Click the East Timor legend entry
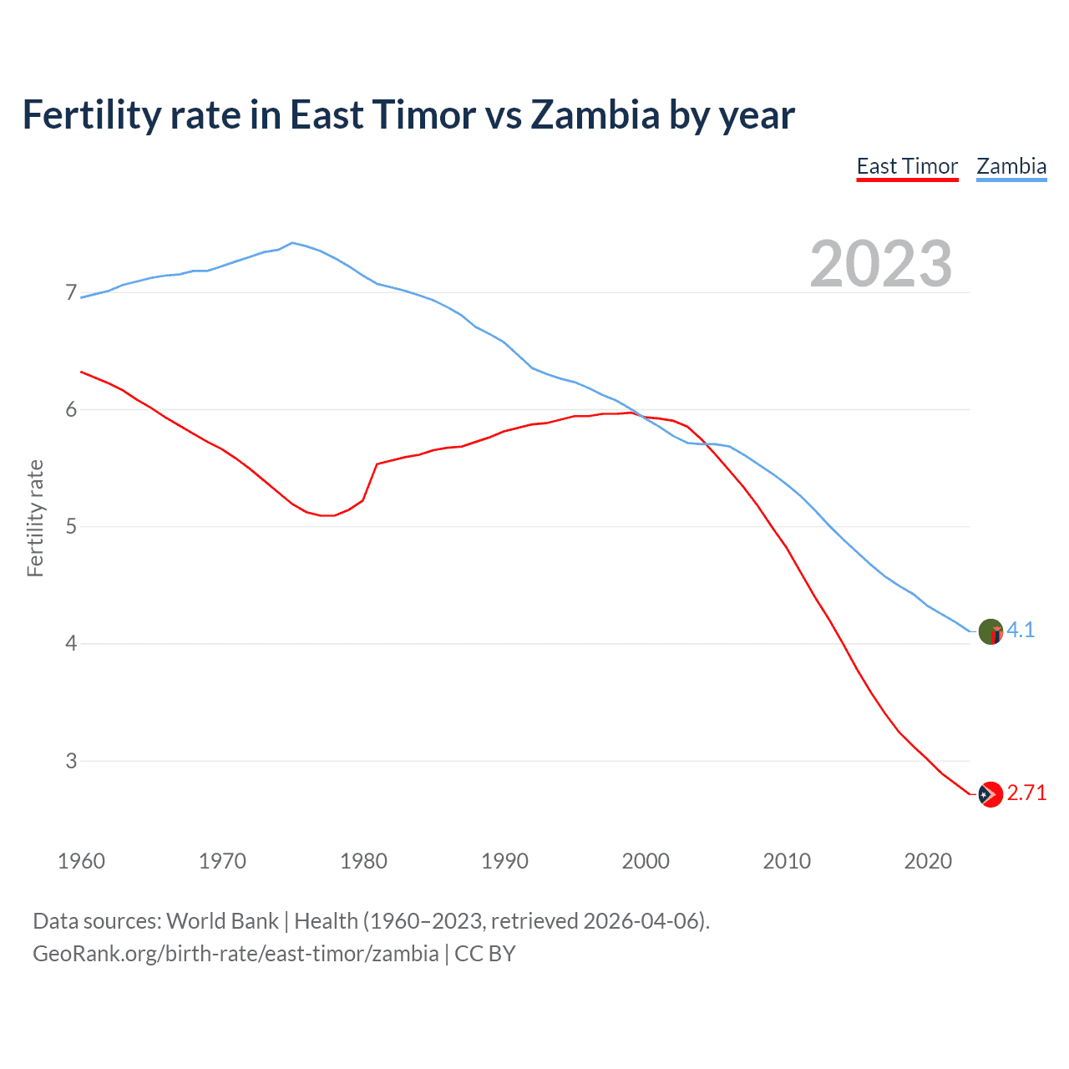tap(907, 166)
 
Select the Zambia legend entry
tap(1011, 166)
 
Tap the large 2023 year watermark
tap(881, 264)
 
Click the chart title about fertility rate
tap(408, 114)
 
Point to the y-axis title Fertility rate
tap(35, 518)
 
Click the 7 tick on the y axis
tap(71, 292)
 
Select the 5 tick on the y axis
tap(71, 526)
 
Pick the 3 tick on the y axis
tap(71, 761)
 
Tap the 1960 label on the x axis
tap(81, 861)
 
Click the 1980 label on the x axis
tap(363, 861)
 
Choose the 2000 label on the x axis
tap(646, 861)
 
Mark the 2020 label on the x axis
tap(928, 861)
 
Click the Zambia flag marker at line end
tap(990, 631)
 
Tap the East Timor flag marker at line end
tap(990, 794)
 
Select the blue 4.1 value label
tap(1021, 630)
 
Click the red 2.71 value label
tap(1026, 793)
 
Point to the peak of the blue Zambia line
tap(291, 243)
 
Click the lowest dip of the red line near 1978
tap(327, 515)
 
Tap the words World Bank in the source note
tap(222, 921)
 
